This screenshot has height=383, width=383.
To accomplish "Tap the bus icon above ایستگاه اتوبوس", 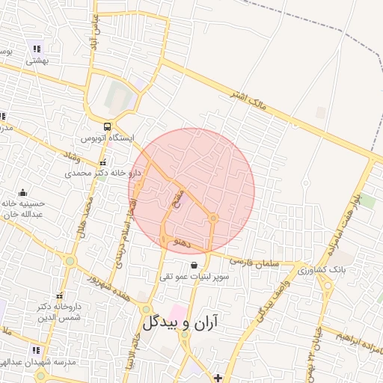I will (108, 126).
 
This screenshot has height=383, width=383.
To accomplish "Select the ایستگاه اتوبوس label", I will (108, 139).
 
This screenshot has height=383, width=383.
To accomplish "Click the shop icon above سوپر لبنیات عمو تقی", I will (194, 265).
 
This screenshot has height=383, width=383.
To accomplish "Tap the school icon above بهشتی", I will (36, 49).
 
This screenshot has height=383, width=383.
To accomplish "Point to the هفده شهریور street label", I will (107, 282).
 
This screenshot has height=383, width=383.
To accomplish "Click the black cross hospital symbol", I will (218, 378).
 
